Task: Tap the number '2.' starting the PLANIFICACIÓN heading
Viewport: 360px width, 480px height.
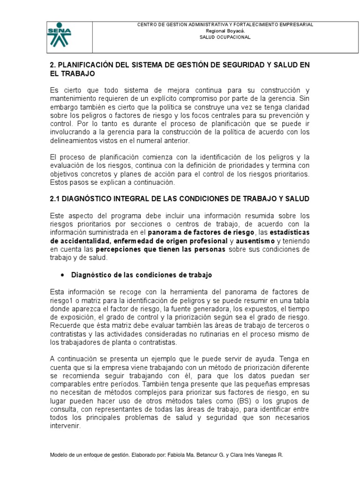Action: point(52,65)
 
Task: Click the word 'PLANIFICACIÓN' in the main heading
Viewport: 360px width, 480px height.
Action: point(86,65)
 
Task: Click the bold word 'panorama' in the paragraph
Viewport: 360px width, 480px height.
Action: point(166,232)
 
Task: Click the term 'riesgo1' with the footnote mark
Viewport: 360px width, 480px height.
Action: point(62,300)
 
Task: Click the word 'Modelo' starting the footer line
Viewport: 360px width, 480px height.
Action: point(59,455)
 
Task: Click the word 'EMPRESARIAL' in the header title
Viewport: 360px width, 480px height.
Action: point(296,24)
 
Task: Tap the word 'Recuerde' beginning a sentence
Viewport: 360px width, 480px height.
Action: point(64,326)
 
